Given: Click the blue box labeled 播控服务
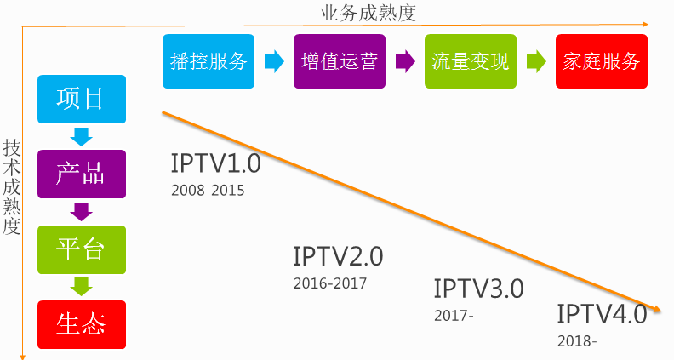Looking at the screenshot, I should tap(208, 61).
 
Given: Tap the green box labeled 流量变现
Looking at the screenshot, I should tap(471, 61).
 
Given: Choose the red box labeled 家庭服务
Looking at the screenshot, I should tap(601, 61).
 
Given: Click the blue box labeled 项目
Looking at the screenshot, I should tap(82, 99).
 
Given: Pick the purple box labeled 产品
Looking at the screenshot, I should tap(82, 174).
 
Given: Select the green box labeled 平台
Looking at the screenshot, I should tap(82, 249).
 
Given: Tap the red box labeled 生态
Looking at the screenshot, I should tap(82, 324).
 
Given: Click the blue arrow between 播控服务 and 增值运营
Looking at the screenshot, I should tap(274, 61).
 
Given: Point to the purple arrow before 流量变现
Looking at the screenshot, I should tap(405, 61).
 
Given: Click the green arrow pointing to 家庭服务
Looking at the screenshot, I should tap(535, 61).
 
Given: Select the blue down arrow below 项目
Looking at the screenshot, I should tap(82, 136).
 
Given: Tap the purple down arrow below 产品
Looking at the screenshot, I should tap(82, 211).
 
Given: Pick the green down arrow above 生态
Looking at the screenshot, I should tap(82, 287).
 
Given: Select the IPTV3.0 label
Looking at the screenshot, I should tap(478, 289).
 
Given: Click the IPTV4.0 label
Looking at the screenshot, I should tap(603, 314).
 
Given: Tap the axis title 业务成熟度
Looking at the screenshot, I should tap(356, 13).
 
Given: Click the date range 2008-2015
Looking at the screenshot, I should tap(208, 190).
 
